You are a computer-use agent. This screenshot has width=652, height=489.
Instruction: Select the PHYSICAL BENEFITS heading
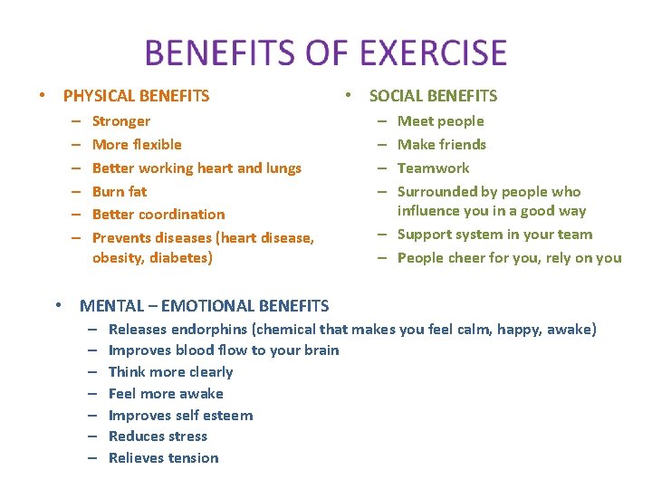[136, 96]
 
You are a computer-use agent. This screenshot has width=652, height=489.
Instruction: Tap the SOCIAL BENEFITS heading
[433, 96]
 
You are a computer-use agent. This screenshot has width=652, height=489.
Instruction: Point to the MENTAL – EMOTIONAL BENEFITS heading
[204, 306]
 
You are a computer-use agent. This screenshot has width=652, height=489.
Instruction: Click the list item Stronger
[121, 121]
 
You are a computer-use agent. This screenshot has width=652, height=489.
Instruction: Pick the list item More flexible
[137, 145]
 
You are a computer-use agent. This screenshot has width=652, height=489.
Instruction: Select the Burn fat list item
[120, 191]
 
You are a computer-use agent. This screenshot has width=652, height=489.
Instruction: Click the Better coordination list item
[158, 215]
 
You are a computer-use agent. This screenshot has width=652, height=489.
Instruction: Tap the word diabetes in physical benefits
[181, 258]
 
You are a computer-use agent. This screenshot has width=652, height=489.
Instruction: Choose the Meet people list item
[441, 121]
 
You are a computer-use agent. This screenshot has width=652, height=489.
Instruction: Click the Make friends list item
[442, 145]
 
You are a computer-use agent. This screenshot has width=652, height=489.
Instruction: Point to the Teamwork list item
[434, 168]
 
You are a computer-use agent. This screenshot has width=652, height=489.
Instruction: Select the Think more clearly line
[170, 372]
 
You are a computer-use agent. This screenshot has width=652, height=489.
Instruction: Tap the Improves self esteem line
[180, 416]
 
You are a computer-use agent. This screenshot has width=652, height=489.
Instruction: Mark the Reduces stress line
[158, 436]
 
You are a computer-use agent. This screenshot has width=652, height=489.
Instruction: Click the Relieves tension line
[163, 458]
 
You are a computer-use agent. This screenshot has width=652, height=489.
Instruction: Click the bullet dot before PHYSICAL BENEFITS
[41, 96]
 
